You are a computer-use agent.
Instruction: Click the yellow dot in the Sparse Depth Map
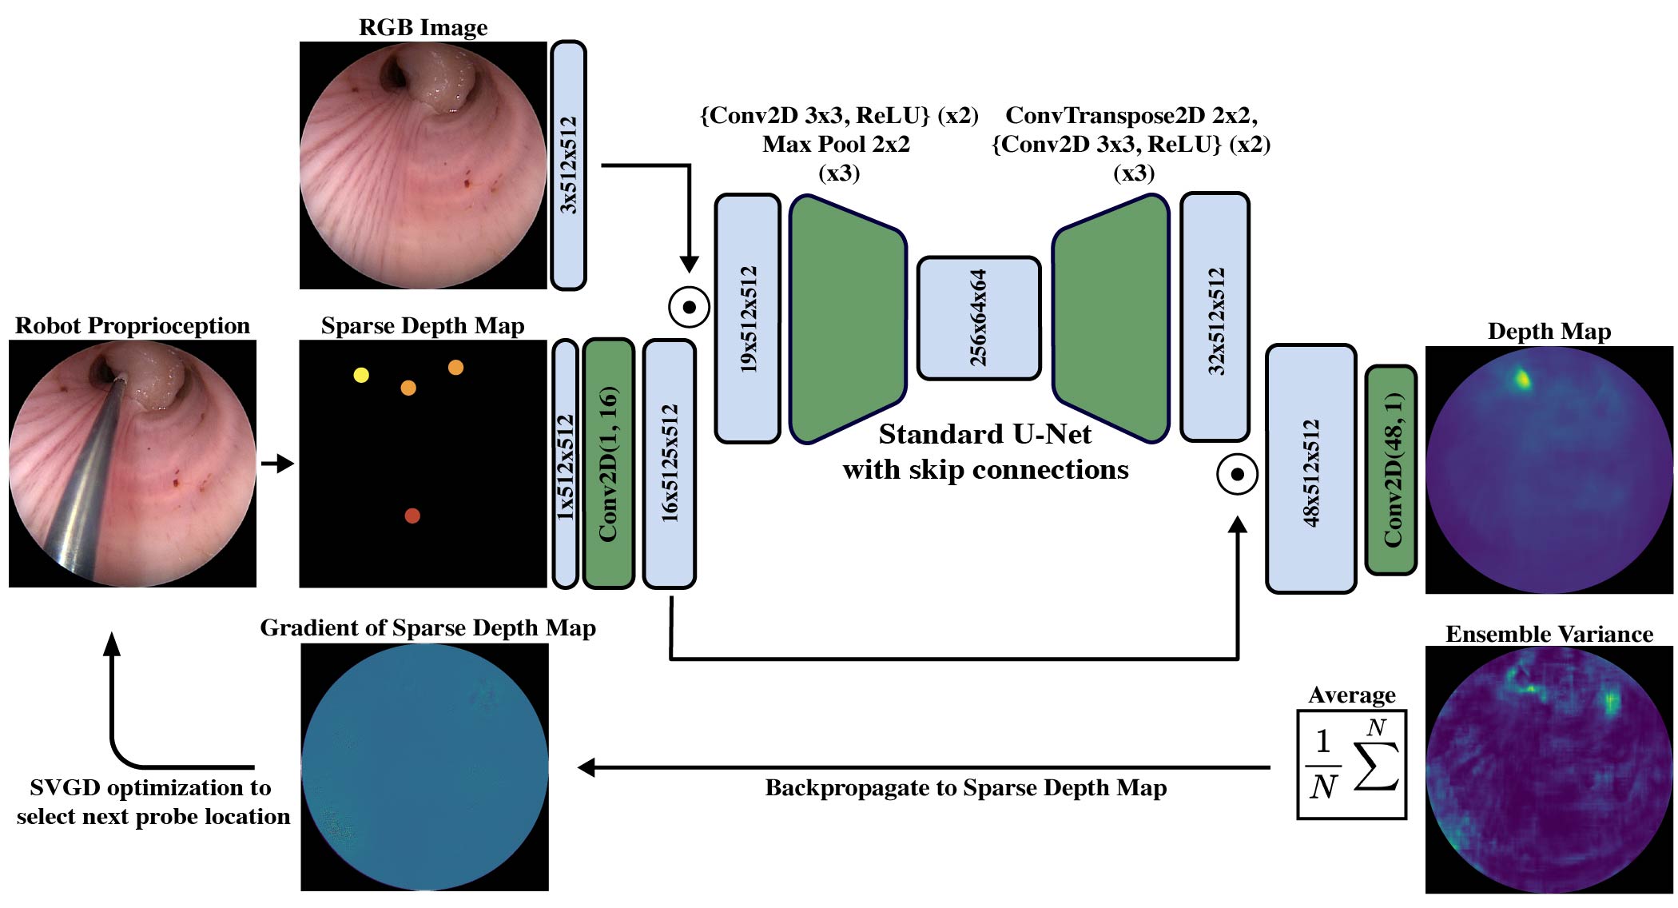click(361, 375)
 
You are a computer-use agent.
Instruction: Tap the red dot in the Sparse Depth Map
click(412, 516)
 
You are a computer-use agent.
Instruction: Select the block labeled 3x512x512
click(568, 165)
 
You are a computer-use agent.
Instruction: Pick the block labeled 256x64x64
click(979, 318)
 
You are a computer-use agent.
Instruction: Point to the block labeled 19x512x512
click(748, 318)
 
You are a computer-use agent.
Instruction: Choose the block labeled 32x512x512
click(1215, 317)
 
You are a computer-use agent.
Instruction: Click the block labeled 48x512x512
click(1311, 469)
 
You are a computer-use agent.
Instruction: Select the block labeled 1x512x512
click(565, 464)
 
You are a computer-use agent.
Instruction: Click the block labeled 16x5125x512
click(670, 464)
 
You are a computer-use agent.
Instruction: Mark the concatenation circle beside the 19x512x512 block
click(689, 307)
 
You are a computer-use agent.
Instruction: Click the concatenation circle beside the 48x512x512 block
click(1237, 474)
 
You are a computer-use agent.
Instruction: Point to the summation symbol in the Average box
click(1376, 763)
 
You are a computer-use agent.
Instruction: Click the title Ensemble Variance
click(1549, 634)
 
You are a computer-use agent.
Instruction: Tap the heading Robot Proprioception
click(133, 325)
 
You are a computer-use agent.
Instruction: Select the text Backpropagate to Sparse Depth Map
click(965, 788)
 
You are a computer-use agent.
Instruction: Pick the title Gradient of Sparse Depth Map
click(427, 628)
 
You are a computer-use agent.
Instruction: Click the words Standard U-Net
click(984, 434)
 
